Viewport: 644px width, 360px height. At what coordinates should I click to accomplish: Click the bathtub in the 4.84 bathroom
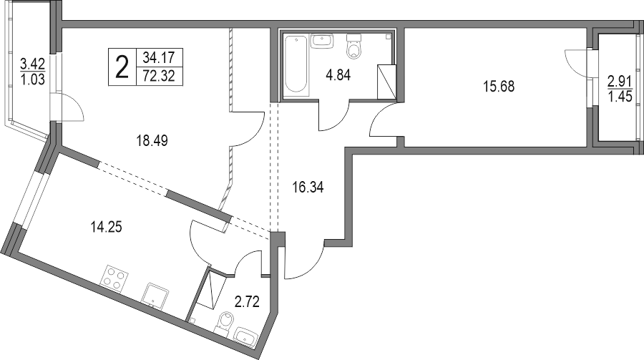[x=296, y=66]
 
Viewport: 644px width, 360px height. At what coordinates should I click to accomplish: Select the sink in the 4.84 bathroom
[x=322, y=41]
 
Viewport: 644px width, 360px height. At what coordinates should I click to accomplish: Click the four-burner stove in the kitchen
[x=114, y=278]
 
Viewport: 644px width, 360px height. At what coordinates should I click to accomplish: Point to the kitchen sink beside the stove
[x=155, y=295]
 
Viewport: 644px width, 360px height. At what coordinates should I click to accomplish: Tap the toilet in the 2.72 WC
[x=223, y=323]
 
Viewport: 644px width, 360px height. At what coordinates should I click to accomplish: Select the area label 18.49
[x=152, y=141]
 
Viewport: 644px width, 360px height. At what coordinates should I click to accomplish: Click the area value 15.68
[x=499, y=87]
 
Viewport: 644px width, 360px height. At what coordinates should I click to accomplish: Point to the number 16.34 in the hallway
[x=308, y=188]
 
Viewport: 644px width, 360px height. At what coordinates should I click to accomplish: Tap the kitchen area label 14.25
[x=106, y=226]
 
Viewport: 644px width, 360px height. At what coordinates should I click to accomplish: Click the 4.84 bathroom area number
[x=338, y=75]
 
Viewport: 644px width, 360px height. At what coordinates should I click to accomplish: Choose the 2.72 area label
[x=247, y=302]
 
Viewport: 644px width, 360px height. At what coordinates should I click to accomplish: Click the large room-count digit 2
[x=122, y=67]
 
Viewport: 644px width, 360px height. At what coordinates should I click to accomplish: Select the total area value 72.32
[x=159, y=76]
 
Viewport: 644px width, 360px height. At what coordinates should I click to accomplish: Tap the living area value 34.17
[x=159, y=57]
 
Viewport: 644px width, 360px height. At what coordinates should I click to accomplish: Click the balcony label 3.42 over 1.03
[x=32, y=71]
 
